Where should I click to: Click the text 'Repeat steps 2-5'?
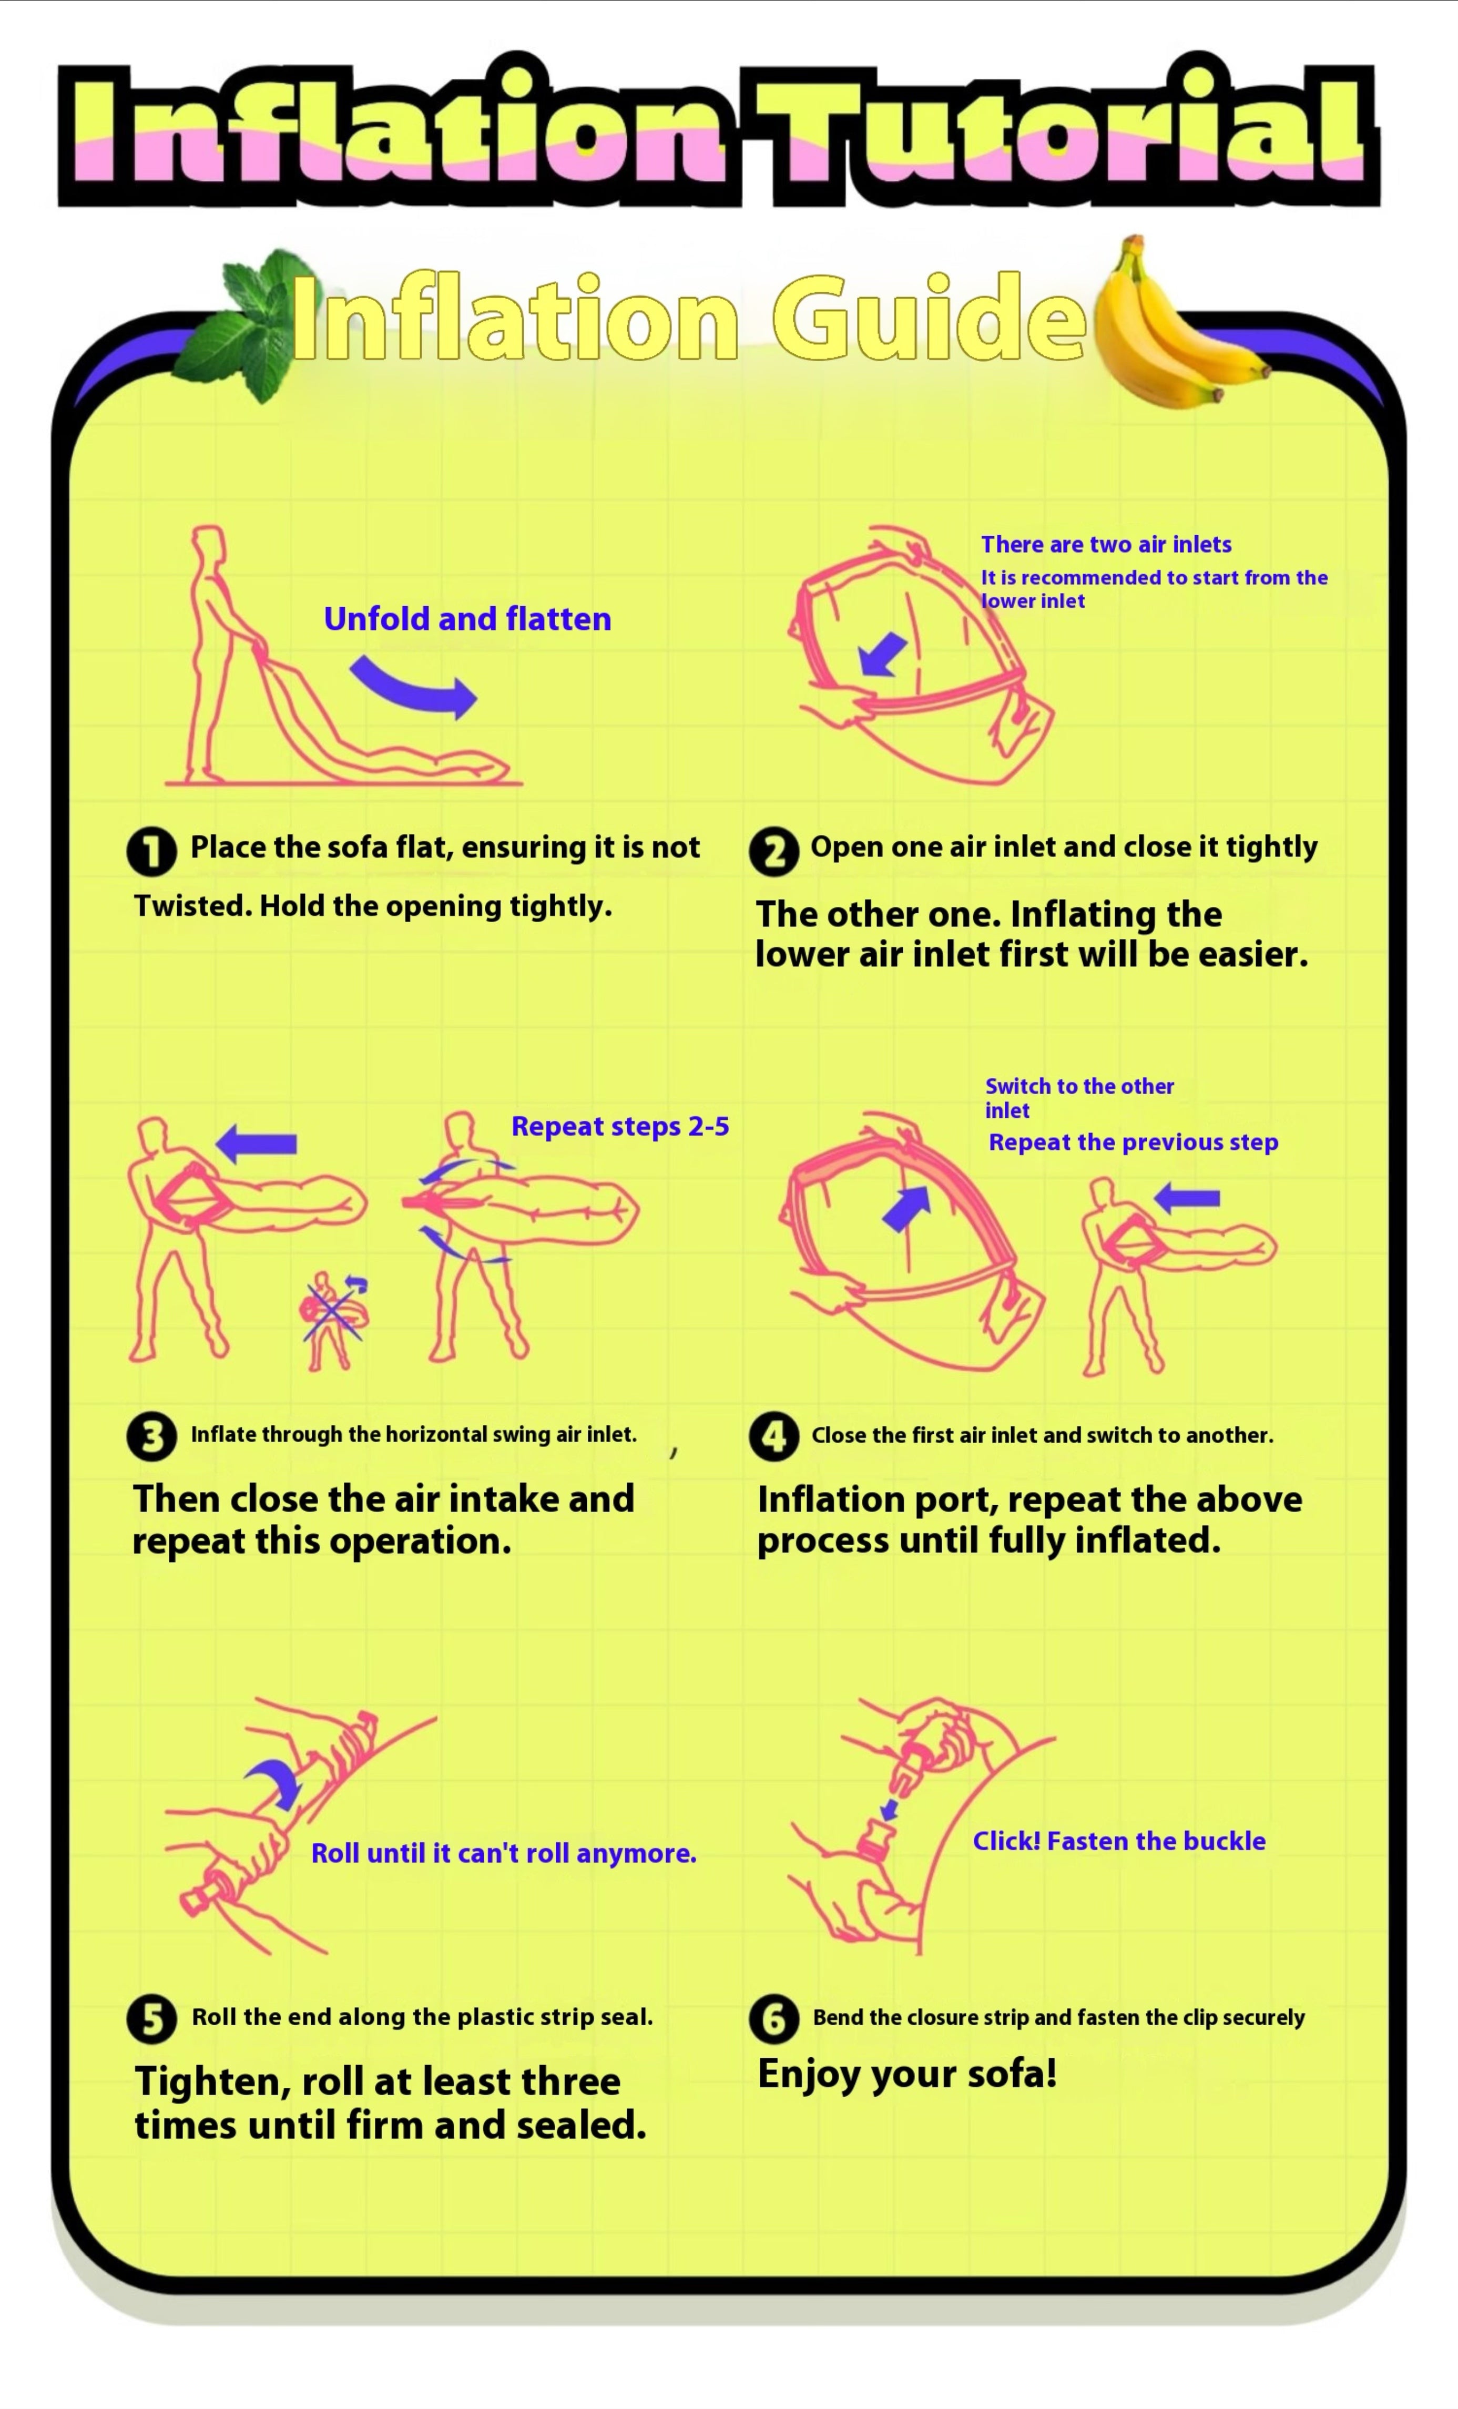click(x=620, y=1126)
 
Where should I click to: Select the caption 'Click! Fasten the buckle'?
click(x=1119, y=1841)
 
